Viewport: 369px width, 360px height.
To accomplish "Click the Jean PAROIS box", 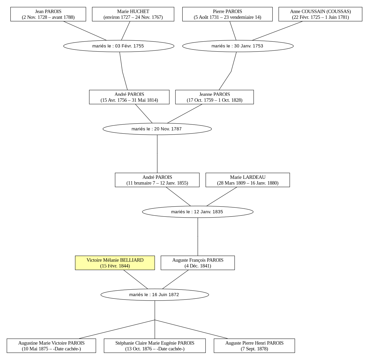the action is pyautogui.click(x=48, y=14).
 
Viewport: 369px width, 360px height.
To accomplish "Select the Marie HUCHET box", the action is pyautogui.click(x=133, y=14).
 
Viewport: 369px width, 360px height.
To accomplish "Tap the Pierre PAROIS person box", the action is pyautogui.click(x=227, y=14).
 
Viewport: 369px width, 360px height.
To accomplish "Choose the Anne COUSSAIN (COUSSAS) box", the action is pyautogui.click(x=320, y=14).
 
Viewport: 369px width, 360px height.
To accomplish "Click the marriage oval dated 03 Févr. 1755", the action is pyautogui.click(x=119, y=46).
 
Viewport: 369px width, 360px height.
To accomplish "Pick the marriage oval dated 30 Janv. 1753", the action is pyautogui.click(x=238, y=46).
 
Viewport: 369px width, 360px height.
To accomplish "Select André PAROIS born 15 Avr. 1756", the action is pyautogui.click(x=129, y=97).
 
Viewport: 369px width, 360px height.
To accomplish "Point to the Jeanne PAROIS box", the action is pyautogui.click(x=214, y=97).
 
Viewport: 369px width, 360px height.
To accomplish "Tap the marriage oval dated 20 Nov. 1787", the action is pyautogui.click(x=157, y=129).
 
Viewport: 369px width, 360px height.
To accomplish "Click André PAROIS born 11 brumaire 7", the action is pyautogui.click(x=157, y=180).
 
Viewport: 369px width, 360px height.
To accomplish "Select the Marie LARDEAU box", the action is pyautogui.click(x=248, y=180).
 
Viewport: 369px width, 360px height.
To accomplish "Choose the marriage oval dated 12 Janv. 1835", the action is pyautogui.click(x=198, y=212).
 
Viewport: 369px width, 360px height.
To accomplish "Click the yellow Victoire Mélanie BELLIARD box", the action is pyautogui.click(x=115, y=263).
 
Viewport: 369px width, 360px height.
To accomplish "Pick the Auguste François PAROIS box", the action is pyautogui.click(x=198, y=263).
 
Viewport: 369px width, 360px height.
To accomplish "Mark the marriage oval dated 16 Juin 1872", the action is pyautogui.click(x=155, y=295).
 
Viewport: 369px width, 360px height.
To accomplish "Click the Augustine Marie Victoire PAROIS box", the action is pyautogui.click(x=51, y=346).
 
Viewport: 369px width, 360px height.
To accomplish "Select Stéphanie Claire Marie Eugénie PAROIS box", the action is pyautogui.click(x=155, y=346).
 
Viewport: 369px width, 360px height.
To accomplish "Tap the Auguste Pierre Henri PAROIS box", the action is pyautogui.click(x=254, y=346).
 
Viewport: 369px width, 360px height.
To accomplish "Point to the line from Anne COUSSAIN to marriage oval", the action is pyautogui.click(x=277, y=31).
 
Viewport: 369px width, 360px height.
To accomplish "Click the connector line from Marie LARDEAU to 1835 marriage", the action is pyautogui.click(x=222, y=196).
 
